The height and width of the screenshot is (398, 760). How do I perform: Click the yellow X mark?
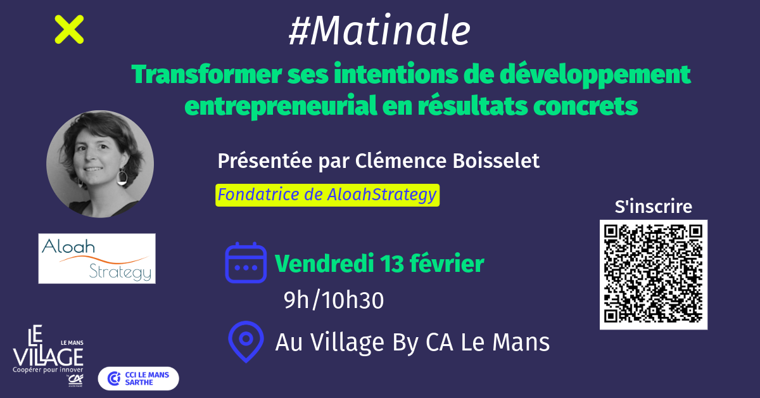[x=69, y=30]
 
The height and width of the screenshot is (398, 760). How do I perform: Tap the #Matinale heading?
[x=379, y=30]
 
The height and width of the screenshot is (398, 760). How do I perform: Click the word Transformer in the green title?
[x=206, y=74]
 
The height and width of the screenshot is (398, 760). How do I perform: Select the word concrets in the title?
[x=585, y=106]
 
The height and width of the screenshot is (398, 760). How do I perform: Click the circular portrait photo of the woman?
[x=100, y=164]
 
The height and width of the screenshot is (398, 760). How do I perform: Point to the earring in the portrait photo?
[x=122, y=177]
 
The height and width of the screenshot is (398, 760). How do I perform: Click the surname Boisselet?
[x=496, y=160]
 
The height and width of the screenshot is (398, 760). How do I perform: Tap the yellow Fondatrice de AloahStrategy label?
[x=327, y=195]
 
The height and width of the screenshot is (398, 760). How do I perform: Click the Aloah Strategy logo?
[x=97, y=259]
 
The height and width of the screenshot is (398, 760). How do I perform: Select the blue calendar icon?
[x=246, y=263]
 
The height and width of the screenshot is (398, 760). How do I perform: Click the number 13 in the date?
[x=392, y=264]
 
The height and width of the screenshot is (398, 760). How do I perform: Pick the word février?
[x=447, y=263]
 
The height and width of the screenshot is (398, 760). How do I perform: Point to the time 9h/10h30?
[x=334, y=300]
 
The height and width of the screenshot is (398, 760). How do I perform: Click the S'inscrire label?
[x=654, y=207]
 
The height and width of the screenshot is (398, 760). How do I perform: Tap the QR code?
[x=654, y=274]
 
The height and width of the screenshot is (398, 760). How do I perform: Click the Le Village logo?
[x=48, y=356]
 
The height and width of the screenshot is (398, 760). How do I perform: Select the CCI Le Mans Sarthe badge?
[x=139, y=378]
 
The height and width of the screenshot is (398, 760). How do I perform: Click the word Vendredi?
[x=324, y=264]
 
